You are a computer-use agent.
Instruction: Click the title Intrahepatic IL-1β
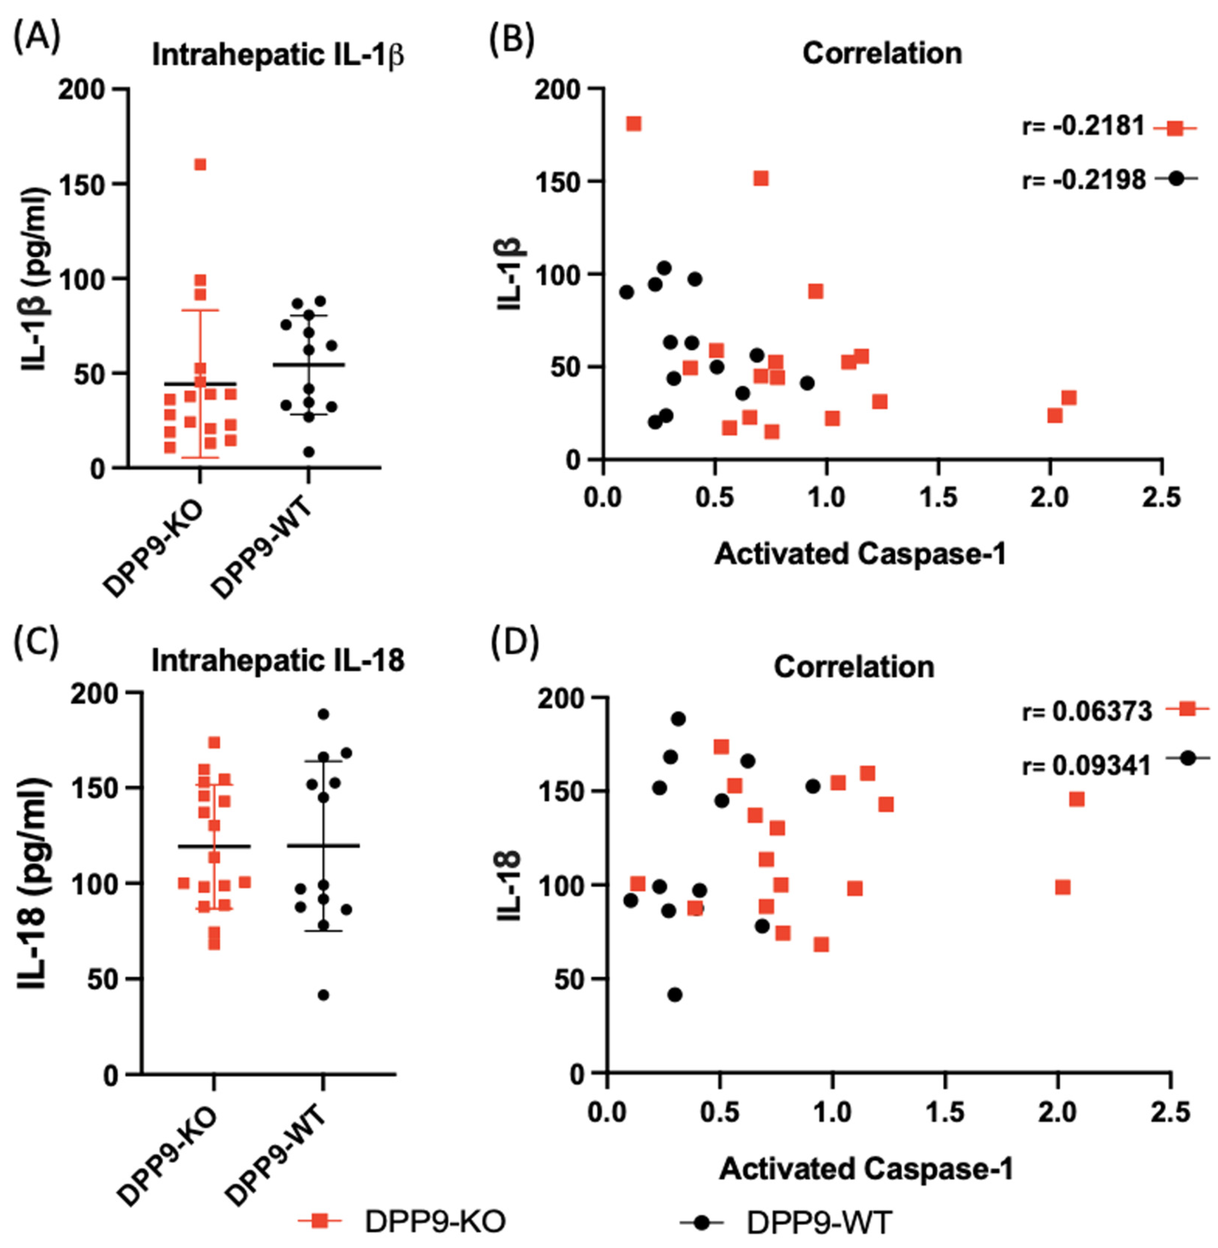pyautogui.click(x=277, y=56)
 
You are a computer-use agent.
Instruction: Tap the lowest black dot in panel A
pyautogui.click(x=309, y=452)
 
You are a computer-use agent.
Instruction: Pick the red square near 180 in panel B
pyautogui.click(x=633, y=123)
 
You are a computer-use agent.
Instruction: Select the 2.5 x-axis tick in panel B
pyautogui.click(x=1161, y=497)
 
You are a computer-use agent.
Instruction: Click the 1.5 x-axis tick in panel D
pyautogui.click(x=946, y=1112)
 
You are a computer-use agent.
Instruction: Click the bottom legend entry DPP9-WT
pyautogui.click(x=819, y=1222)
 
